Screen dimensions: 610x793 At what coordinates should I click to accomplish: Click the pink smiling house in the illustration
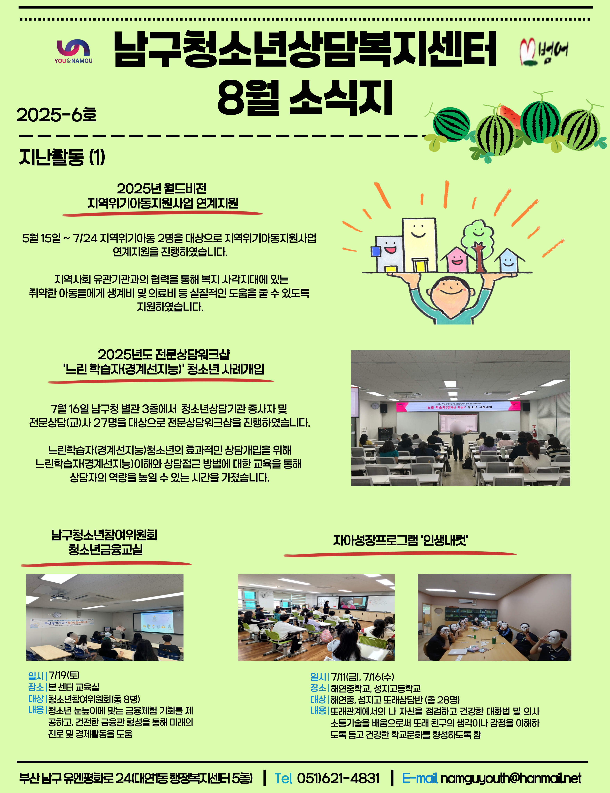point(457,259)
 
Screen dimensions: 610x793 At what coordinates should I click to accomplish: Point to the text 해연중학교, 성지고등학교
point(375,688)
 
